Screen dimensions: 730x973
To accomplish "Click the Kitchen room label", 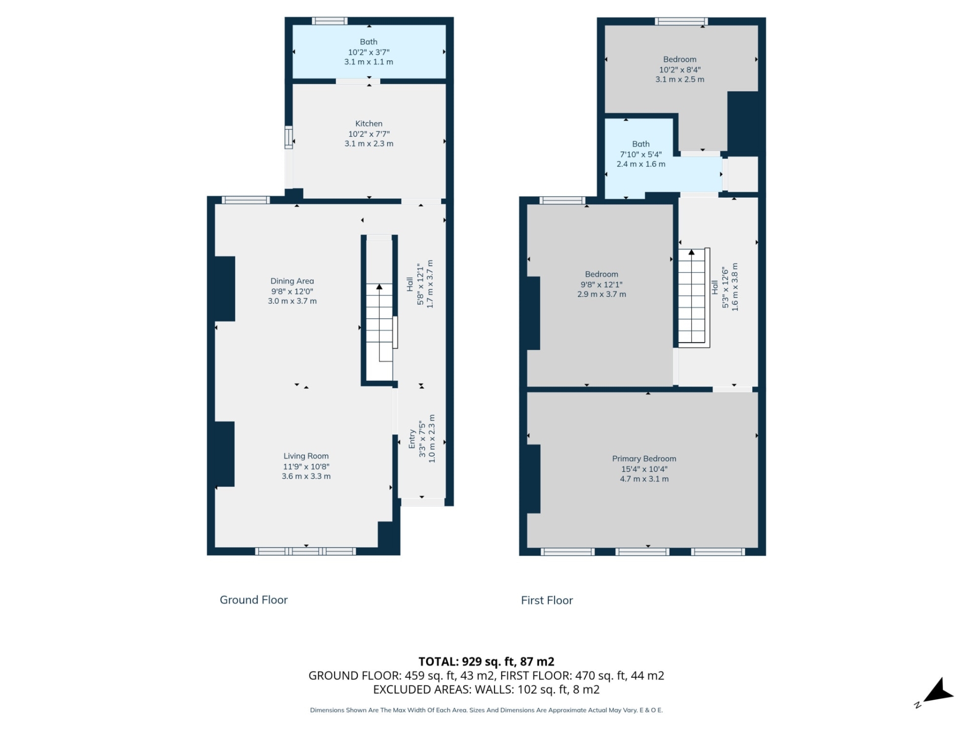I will [x=368, y=124].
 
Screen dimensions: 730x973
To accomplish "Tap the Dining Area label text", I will [x=292, y=281].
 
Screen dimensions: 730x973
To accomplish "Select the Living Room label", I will [x=306, y=456].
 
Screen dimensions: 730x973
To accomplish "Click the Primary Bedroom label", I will [x=644, y=459].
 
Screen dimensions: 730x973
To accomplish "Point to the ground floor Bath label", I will [x=368, y=42].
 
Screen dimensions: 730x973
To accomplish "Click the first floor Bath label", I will [x=641, y=144].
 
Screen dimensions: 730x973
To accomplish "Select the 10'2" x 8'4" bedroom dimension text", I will [x=680, y=70].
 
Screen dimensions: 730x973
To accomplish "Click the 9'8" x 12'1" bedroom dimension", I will [x=601, y=285].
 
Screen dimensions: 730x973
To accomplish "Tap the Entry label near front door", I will [x=412, y=439].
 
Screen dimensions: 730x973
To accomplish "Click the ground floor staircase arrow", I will [x=379, y=287].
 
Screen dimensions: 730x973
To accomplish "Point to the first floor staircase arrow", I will [x=691, y=252].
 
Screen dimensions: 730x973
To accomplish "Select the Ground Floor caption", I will [x=253, y=600].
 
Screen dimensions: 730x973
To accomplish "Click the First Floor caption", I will [x=547, y=600].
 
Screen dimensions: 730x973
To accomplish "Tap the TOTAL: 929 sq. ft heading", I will [x=486, y=662].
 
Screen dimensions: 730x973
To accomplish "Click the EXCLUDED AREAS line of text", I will [x=486, y=689].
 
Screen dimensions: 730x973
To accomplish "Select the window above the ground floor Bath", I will [x=329, y=21].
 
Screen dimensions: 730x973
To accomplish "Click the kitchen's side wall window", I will [x=288, y=137].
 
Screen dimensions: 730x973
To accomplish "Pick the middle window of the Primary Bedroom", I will [x=642, y=552].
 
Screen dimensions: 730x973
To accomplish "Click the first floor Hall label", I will [x=715, y=287].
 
